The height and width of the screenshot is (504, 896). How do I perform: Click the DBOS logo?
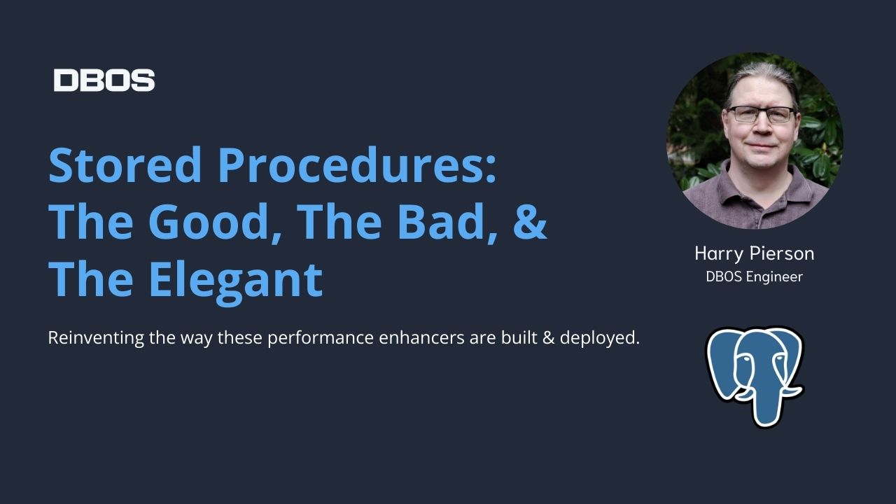coord(104,80)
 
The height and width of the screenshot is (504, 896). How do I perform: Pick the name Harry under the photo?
coord(717,253)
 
